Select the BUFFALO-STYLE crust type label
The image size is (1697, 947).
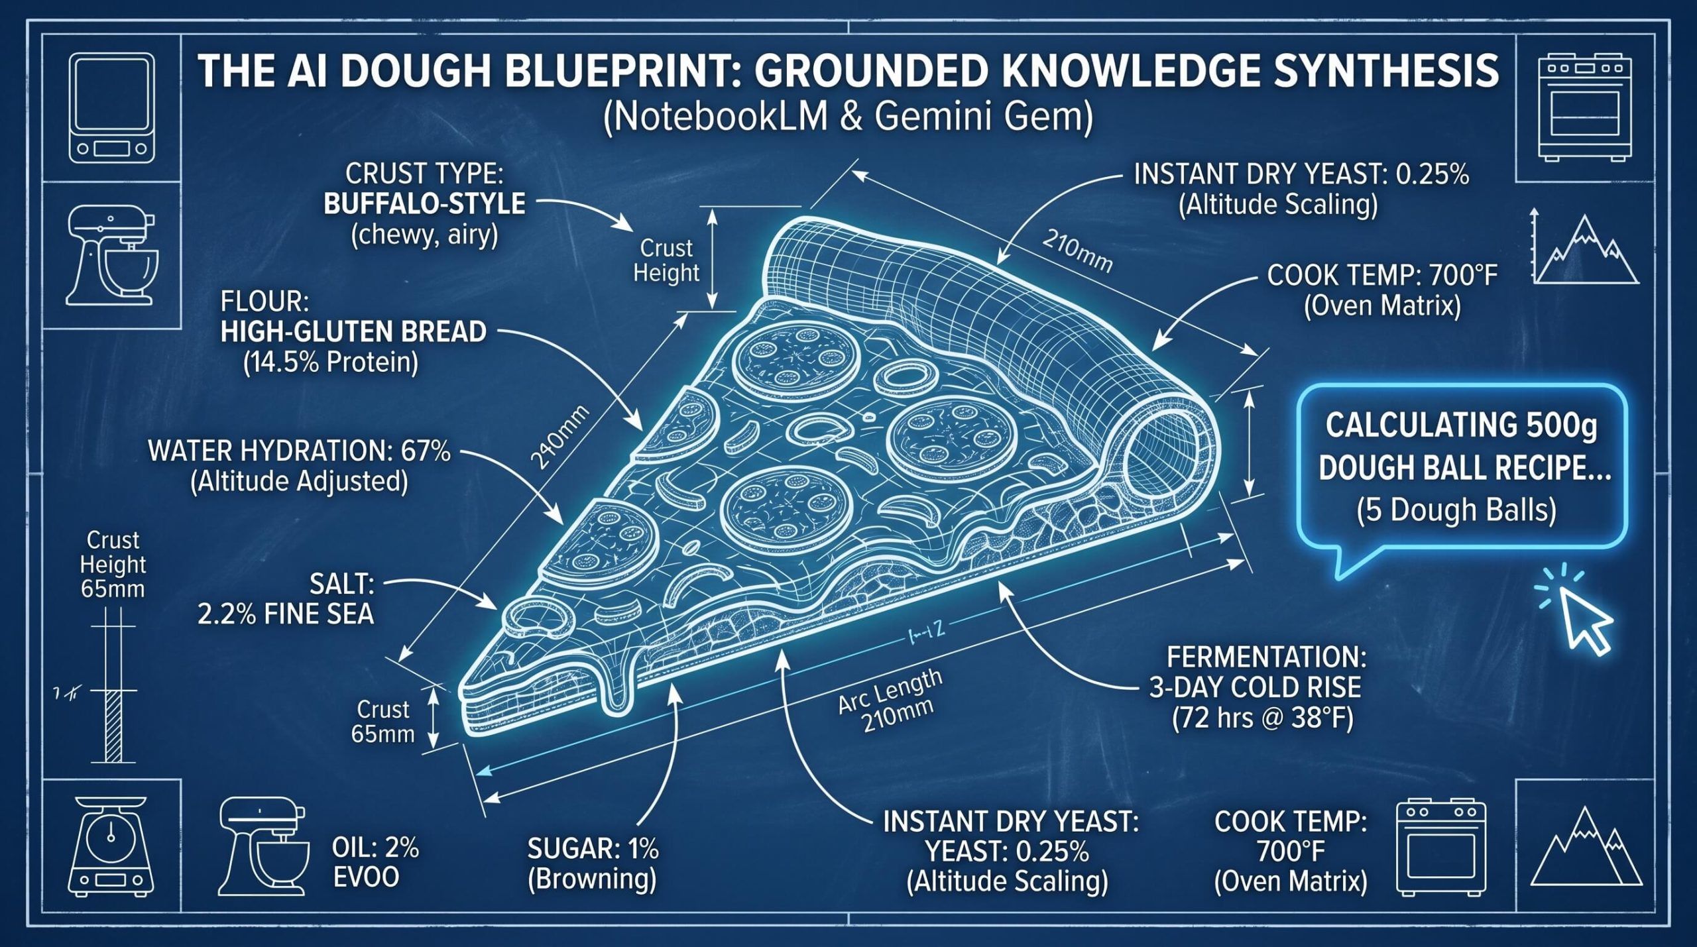click(424, 203)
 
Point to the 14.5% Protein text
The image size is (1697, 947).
click(331, 362)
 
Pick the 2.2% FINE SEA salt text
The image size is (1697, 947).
click(286, 614)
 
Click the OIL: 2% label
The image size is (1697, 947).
click(375, 848)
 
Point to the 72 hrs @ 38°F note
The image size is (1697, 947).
click(1262, 719)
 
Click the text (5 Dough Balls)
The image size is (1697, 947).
click(1456, 510)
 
